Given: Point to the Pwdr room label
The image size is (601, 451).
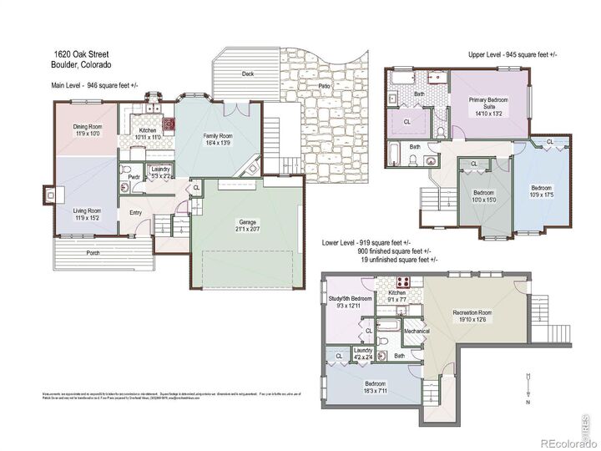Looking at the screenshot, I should [134, 177].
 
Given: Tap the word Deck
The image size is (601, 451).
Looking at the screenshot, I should [247, 73].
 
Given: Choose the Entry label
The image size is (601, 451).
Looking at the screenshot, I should [136, 213].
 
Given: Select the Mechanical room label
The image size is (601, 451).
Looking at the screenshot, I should [416, 331].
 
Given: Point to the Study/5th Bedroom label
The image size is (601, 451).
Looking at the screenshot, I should [350, 302].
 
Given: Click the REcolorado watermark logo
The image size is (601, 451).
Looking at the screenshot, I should [565, 443].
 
